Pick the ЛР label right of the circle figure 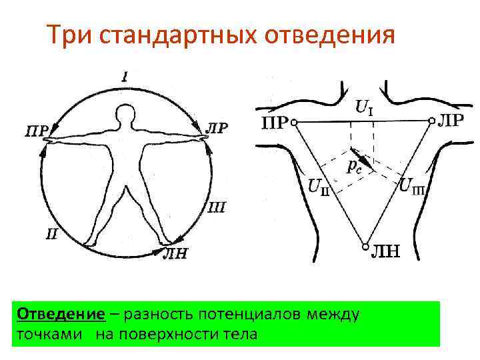(x=217, y=127)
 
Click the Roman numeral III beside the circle (x=217, y=207)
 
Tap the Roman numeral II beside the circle (x=51, y=233)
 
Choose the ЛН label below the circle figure (x=175, y=254)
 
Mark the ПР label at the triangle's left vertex (x=273, y=123)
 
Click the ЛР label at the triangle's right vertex (x=453, y=121)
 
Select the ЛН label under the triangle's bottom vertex (x=385, y=251)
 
